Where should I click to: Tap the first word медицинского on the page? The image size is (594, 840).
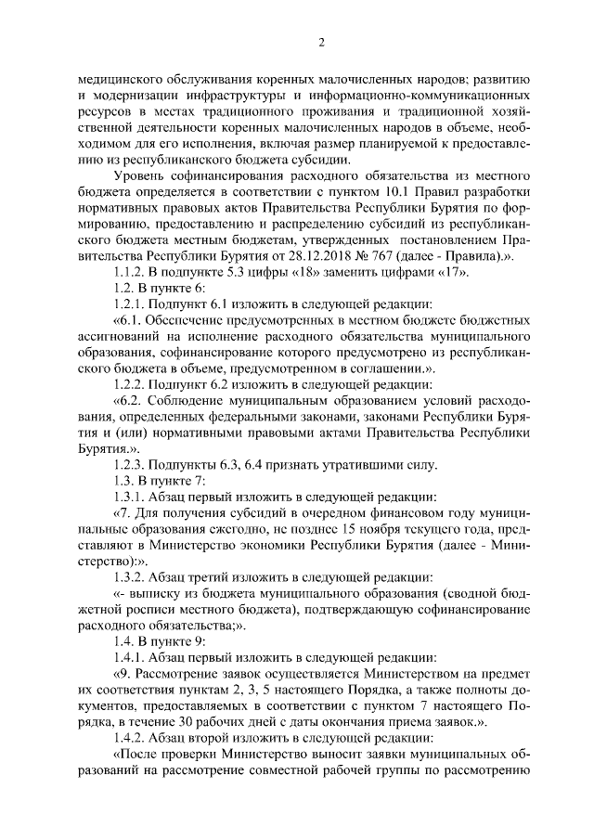120,80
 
